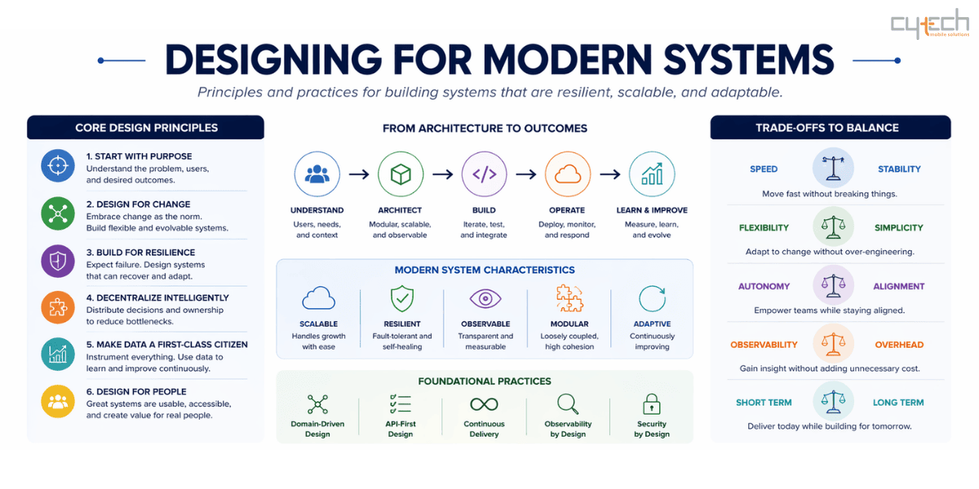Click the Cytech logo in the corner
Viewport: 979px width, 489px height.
click(x=929, y=24)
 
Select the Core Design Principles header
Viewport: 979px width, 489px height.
click(x=146, y=127)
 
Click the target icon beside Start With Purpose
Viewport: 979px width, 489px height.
click(x=58, y=165)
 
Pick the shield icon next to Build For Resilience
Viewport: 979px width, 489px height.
click(x=58, y=261)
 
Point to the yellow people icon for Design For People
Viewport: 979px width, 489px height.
click(x=58, y=401)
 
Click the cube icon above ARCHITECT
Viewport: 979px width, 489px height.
click(x=401, y=174)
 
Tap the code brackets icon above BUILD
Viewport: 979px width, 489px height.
click(x=485, y=174)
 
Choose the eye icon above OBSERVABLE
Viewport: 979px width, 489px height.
click(x=485, y=299)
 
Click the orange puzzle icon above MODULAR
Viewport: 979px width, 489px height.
click(x=569, y=299)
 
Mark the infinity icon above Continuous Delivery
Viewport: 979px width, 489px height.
click(x=484, y=404)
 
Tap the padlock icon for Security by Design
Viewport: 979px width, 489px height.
click(x=651, y=404)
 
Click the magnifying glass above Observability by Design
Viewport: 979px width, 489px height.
click(x=568, y=404)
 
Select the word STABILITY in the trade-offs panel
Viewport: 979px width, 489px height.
click(x=899, y=170)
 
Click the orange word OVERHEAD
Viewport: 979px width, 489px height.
click(x=899, y=345)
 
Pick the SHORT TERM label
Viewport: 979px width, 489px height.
click(x=764, y=403)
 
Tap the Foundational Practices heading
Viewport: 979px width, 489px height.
click(x=485, y=381)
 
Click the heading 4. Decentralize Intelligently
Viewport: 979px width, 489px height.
click(x=157, y=298)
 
